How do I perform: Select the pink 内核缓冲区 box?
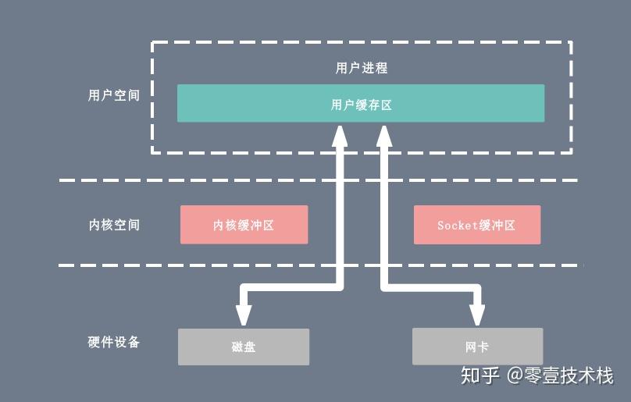[244, 225]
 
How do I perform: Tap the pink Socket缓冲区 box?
[476, 225]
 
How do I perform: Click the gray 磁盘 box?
[244, 347]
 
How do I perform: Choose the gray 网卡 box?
[476, 347]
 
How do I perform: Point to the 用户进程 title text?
[361, 68]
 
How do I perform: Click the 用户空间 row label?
[114, 96]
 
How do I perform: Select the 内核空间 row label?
[114, 225]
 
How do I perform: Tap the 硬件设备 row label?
[114, 342]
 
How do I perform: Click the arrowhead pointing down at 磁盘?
[244, 313]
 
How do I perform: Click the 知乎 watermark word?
[479, 375]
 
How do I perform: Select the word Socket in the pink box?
[458, 225]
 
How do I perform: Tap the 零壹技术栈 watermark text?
[570, 375]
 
